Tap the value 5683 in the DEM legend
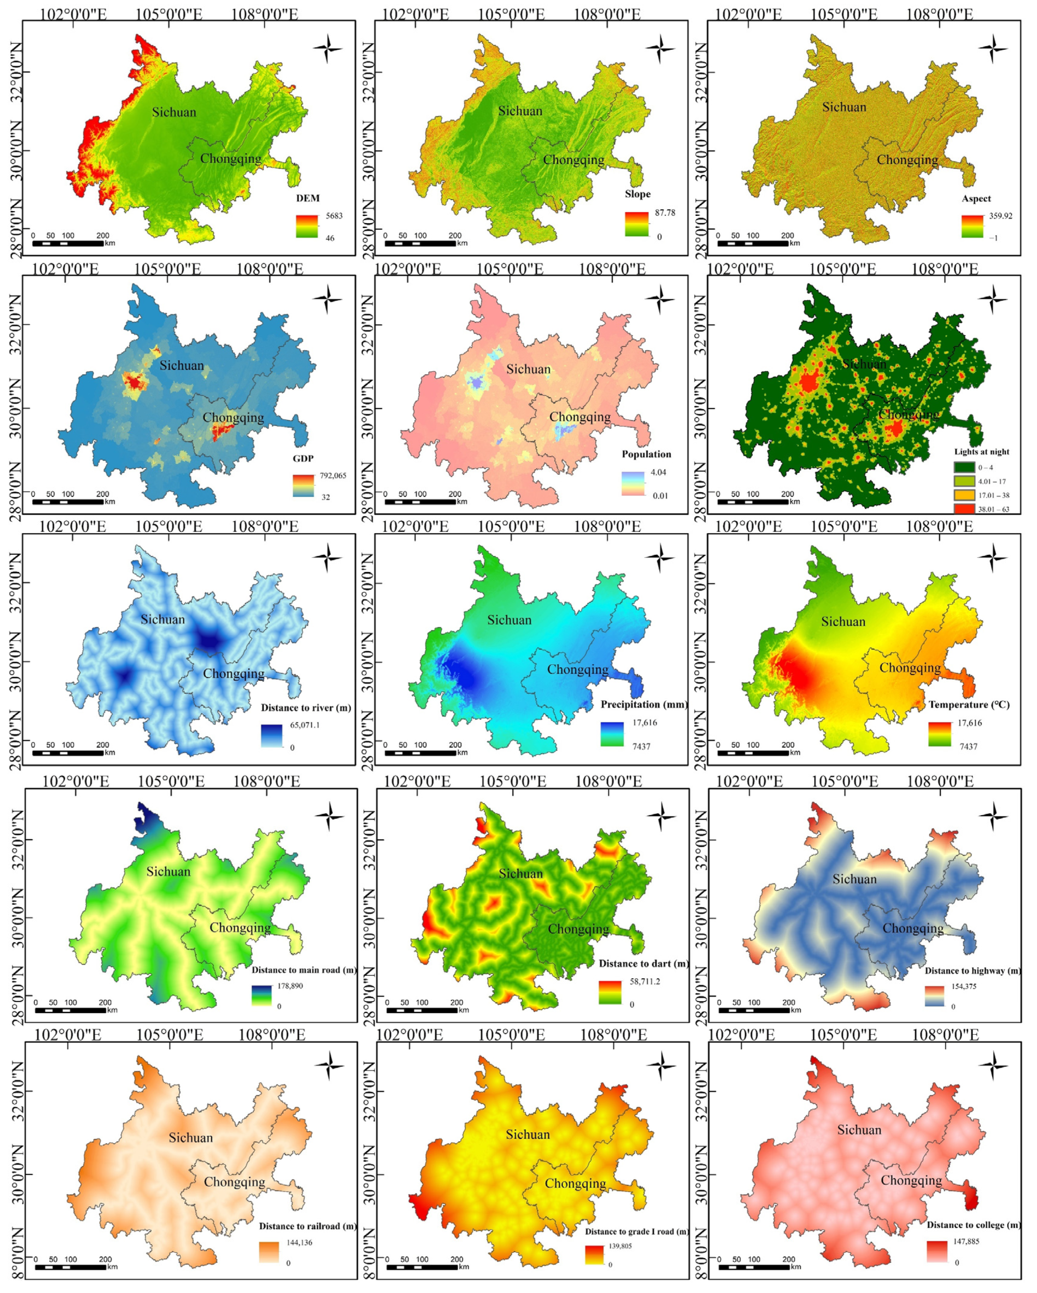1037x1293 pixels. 334,216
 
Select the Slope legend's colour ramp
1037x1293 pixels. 637,224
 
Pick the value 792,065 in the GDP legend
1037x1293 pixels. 333,476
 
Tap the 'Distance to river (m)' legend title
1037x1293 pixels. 306,708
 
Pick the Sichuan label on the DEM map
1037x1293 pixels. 174,112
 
